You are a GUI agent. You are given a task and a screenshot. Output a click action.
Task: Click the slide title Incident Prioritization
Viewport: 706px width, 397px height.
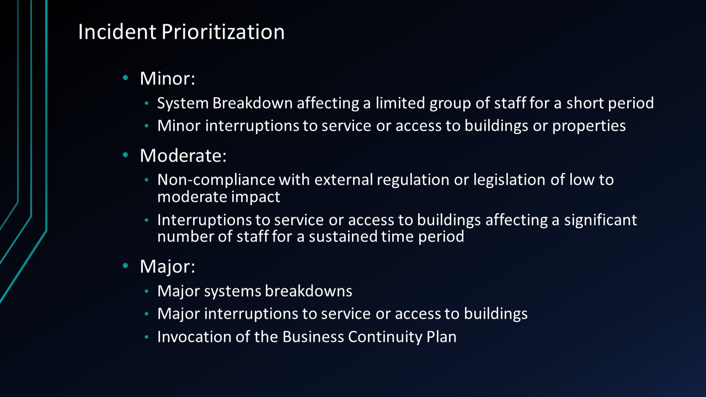tap(181, 32)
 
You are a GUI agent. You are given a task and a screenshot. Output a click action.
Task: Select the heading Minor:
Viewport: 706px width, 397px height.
tap(168, 78)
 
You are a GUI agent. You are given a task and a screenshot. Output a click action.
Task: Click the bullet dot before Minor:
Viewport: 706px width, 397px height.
tap(126, 78)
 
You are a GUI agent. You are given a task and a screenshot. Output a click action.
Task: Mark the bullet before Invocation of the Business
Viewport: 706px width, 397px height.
tap(147, 337)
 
